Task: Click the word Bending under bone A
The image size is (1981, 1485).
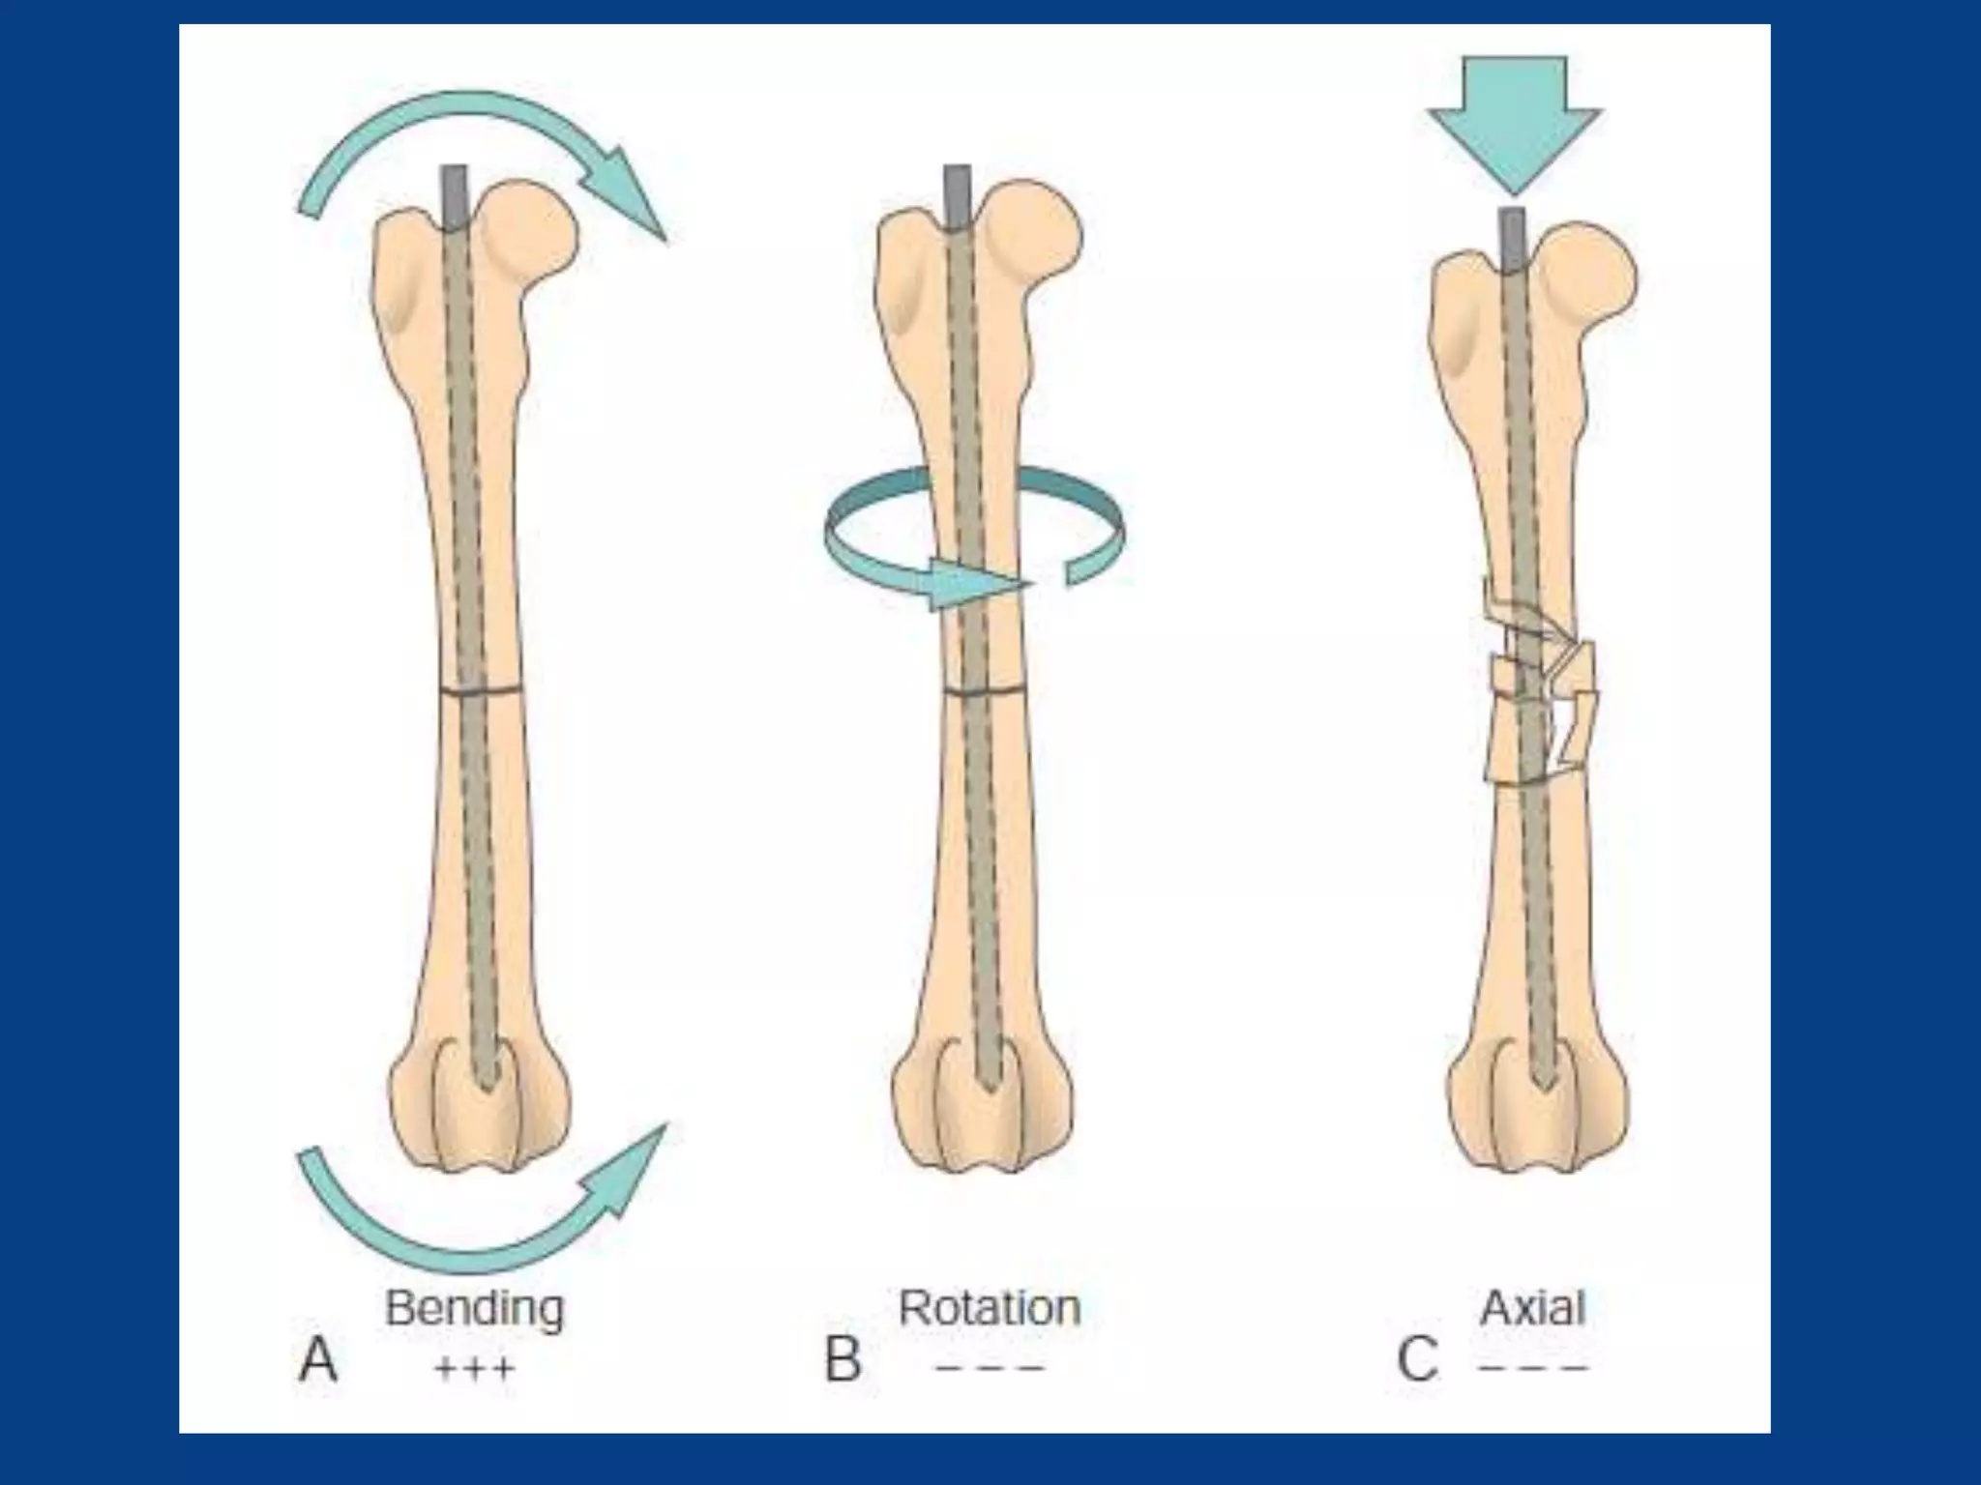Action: click(474, 1309)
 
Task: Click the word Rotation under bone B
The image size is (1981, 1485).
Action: click(989, 1308)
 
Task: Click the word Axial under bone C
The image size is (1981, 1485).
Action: click(1532, 1308)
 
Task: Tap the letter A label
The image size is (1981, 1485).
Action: click(318, 1361)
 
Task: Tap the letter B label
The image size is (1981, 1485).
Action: click(843, 1361)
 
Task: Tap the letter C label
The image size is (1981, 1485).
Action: click(1417, 1361)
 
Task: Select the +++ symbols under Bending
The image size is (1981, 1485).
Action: click(474, 1369)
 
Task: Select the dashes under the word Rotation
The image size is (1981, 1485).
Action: click(990, 1369)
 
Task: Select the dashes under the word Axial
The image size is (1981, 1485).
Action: click(1533, 1369)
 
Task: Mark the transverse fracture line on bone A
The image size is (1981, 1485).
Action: click(482, 690)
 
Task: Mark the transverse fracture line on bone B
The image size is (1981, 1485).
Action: click(985, 690)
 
